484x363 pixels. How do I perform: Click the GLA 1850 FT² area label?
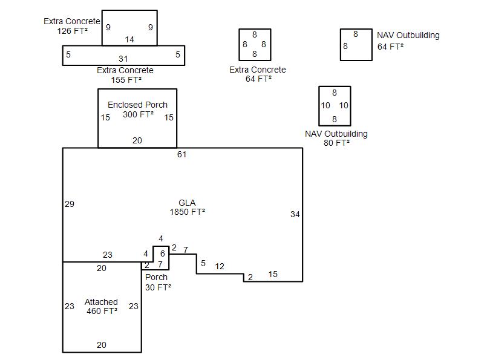(187, 208)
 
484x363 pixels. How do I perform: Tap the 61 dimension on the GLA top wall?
(181, 155)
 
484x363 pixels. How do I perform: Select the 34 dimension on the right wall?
(295, 214)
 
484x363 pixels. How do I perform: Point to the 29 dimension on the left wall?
(70, 204)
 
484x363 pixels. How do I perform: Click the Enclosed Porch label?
(137, 105)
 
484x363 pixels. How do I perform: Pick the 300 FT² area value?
(138, 114)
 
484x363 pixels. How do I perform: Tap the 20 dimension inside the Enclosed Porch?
(137, 140)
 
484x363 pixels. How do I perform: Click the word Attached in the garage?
(101, 302)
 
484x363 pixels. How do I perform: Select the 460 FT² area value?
(102, 311)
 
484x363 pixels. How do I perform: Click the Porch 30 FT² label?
(157, 283)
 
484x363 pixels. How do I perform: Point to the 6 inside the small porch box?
(162, 253)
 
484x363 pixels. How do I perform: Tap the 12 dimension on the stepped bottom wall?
(220, 267)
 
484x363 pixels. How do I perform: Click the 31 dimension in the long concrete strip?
(123, 59)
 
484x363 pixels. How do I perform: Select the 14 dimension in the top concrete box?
(129, 40)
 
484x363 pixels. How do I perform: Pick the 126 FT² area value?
(72, 30)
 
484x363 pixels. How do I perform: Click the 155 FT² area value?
(126, 79)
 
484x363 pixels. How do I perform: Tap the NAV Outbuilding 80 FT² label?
(336, 139)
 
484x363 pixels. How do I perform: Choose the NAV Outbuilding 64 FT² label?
(408, 41)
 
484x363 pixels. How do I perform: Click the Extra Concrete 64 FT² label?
(258, 74)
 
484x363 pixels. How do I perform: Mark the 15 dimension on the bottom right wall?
(273, 275)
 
